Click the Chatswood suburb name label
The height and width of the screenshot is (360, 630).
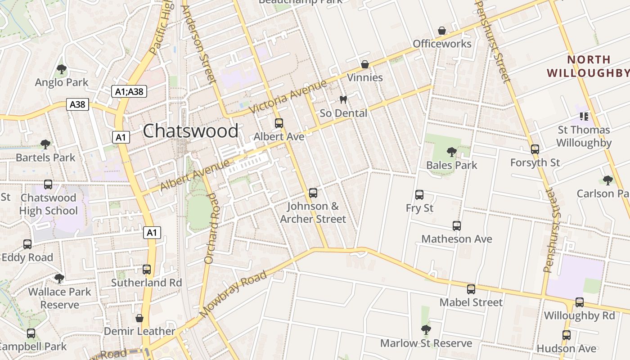(190, 131)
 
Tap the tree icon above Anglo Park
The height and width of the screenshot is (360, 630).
(62, 69)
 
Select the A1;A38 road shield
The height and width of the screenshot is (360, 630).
(129, 91)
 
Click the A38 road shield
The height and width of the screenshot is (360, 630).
(77, 104)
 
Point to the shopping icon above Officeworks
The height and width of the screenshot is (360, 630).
(442, 31)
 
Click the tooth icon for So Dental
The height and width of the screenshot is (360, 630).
(343, 100)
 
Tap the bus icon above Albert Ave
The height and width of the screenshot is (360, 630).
(279, 123)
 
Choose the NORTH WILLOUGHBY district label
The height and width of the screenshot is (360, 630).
(587, 66)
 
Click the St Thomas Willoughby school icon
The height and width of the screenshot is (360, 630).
(584, 117)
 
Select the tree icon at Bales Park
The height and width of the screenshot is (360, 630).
(451, 152)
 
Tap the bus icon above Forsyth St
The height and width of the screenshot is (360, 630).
(535, 149)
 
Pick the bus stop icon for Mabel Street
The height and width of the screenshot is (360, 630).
(471, 289)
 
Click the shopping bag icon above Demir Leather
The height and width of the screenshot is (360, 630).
(139, 318)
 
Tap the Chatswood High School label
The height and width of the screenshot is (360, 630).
(49, 204)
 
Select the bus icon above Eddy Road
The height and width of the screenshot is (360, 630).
(27, 244)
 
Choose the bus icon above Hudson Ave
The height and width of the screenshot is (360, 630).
(566, 335)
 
